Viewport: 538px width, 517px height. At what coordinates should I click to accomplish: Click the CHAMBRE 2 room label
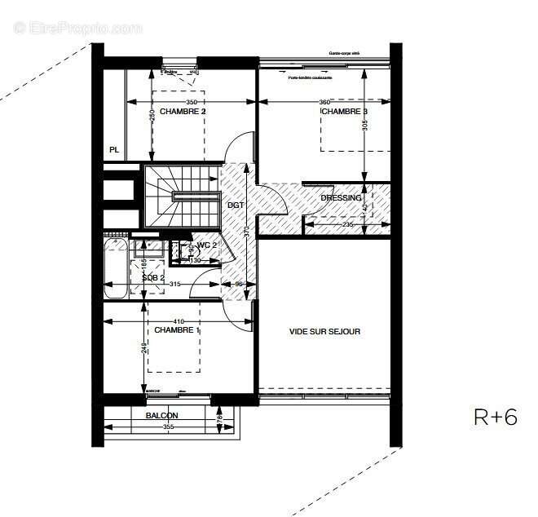[183, 111]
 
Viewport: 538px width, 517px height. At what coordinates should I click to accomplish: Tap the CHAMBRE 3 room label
[343, 112]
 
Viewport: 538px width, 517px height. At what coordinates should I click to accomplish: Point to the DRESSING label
[341, 198]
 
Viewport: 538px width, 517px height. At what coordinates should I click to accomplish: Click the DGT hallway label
[235, 205]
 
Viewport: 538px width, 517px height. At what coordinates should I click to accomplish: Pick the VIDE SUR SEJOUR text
[324, 331]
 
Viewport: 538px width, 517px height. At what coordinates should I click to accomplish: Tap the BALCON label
[161, 416]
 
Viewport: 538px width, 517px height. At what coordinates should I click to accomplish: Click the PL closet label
[114, 150]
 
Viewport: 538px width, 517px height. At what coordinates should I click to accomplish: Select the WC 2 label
[206, 245]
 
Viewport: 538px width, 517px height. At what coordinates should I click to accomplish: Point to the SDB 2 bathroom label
[153, 277]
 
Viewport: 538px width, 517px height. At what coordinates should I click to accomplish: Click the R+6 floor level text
[495, 418]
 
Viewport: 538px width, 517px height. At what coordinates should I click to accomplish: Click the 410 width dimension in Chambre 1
[178, 321]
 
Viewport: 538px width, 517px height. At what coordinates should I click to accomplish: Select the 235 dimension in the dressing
[346, 224]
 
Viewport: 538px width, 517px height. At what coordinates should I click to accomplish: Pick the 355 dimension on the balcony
[169, 426]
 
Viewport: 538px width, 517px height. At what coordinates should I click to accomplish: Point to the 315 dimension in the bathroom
[169, 285]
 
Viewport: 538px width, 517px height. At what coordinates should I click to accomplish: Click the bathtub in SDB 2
[115, 268]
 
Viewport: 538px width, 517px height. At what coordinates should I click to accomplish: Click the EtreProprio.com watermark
[77, 28]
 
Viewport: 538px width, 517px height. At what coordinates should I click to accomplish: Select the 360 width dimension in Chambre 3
[324, 102]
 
